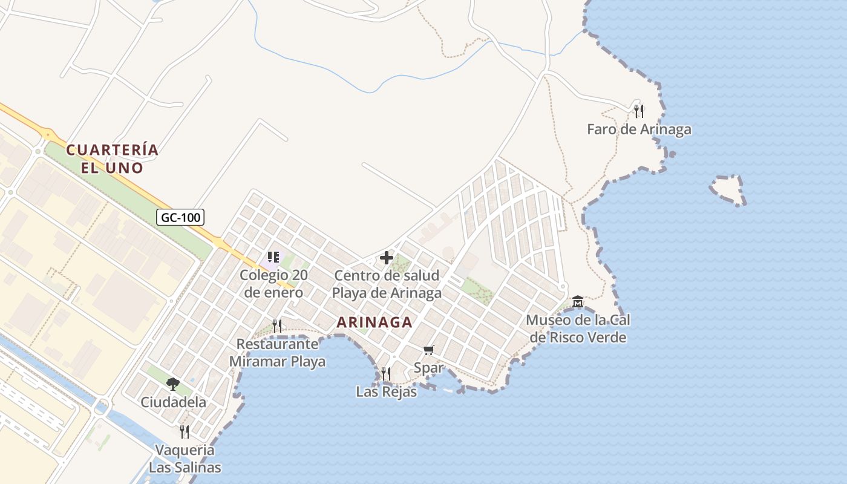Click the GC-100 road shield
point(180,217)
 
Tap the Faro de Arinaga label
point(639,129)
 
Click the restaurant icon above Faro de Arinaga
point(639,111)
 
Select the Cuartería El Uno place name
point(113,159)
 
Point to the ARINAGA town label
point(374,322)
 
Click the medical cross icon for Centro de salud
point(387,258)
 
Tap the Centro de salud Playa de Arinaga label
point(387,284)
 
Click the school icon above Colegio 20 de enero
point(273,257)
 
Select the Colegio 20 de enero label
point(273,284)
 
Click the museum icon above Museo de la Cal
point(578,301)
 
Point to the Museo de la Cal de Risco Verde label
point(578,329)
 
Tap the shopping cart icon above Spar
point(429,350)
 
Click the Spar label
point(429,367)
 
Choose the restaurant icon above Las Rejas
point(386,373)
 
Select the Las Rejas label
point(387,391)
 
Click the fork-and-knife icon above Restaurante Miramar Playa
point(277,325)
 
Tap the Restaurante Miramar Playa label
point(277,353)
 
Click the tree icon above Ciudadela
point(173,384)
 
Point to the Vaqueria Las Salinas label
point(185,459)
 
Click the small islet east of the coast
point(728,190)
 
